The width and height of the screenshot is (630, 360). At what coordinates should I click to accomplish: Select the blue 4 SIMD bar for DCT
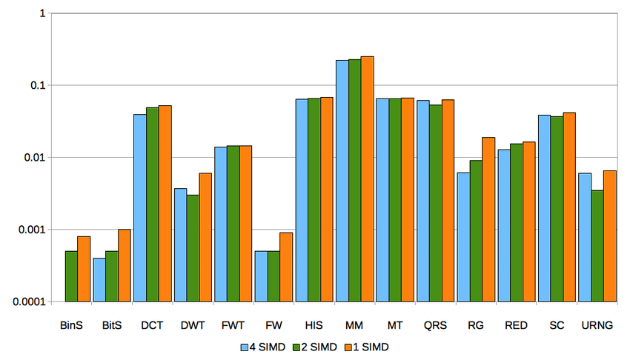click(139, 208)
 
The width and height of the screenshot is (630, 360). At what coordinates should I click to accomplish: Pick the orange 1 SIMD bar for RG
click(488, 219)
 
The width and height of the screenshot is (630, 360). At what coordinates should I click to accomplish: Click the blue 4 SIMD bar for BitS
click(99, 280)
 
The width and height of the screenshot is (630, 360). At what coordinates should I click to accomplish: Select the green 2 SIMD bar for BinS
click(71, 276)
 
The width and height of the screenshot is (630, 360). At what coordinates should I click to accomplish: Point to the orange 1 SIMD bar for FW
click(286, 267)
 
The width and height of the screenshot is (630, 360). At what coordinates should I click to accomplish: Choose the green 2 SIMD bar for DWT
click(192, 248)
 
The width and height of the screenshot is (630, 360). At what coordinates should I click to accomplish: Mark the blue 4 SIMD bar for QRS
click(422, 201)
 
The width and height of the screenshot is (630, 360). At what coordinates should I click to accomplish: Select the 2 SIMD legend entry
click(316, 346)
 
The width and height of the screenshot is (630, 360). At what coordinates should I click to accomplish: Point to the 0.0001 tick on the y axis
click(29, 301)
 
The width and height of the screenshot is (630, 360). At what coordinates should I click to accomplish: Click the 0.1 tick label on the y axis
click(37, 85)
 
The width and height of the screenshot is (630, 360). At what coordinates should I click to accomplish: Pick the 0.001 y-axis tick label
click(32, 230)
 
